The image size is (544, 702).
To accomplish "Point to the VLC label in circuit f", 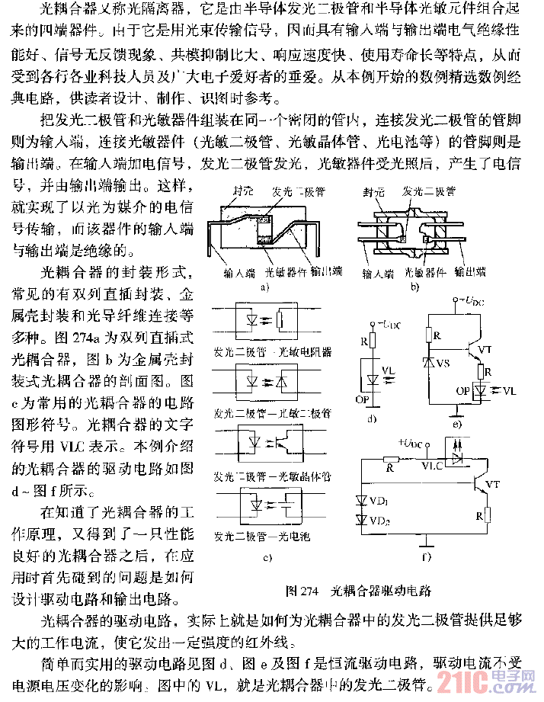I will (x=433, y=463).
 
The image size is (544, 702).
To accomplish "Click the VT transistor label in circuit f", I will (x=493, y=483).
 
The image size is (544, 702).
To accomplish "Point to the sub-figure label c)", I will (x=267, y=556).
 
